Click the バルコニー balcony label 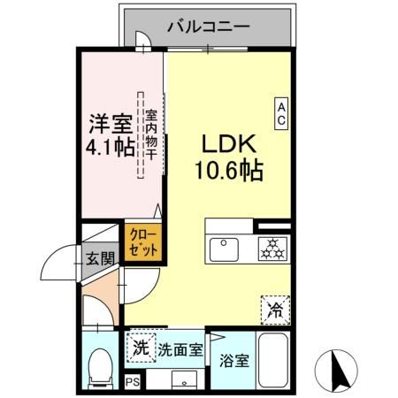tap(208, 26)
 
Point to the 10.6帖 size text tap(228, 171)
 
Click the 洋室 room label tap(110, 121)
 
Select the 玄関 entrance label tap(100, 259)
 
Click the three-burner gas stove tap(272, 248)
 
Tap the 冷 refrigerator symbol tap(274, 310)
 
